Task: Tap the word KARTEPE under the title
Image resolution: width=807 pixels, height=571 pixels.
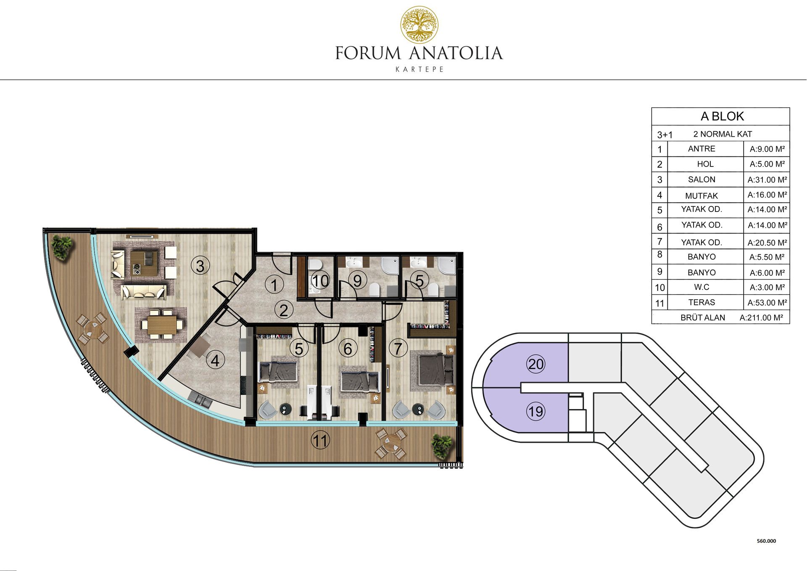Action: [419, 69]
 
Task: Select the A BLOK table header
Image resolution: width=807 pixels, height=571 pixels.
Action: [722, 116]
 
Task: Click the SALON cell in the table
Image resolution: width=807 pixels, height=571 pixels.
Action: [702, 180]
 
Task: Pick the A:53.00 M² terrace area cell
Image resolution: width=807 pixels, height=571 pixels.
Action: [767, 303]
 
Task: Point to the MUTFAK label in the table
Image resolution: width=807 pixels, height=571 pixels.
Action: [702, 196]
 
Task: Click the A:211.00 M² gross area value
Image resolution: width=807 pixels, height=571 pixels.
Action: [761, 318]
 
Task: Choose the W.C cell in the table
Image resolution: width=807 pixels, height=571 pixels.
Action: [702, 287]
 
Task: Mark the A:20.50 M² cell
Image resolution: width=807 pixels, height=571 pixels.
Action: [767, 243]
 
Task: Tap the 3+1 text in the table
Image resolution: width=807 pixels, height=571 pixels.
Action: [665, 135]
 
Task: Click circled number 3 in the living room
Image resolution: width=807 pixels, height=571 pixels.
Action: [200, 266]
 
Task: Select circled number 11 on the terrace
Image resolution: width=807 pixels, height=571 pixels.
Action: [320, 441]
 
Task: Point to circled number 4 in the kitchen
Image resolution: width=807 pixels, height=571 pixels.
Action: [215, 360]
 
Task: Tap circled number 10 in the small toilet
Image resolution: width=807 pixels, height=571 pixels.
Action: [321, 281]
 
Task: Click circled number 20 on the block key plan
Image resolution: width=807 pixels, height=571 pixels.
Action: [536, 364]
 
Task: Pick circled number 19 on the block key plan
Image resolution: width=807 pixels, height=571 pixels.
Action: [536, 411]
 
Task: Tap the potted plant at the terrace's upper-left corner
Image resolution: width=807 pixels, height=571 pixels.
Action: [62, 248]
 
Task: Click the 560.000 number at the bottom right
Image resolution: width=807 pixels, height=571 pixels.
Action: [766, 541]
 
